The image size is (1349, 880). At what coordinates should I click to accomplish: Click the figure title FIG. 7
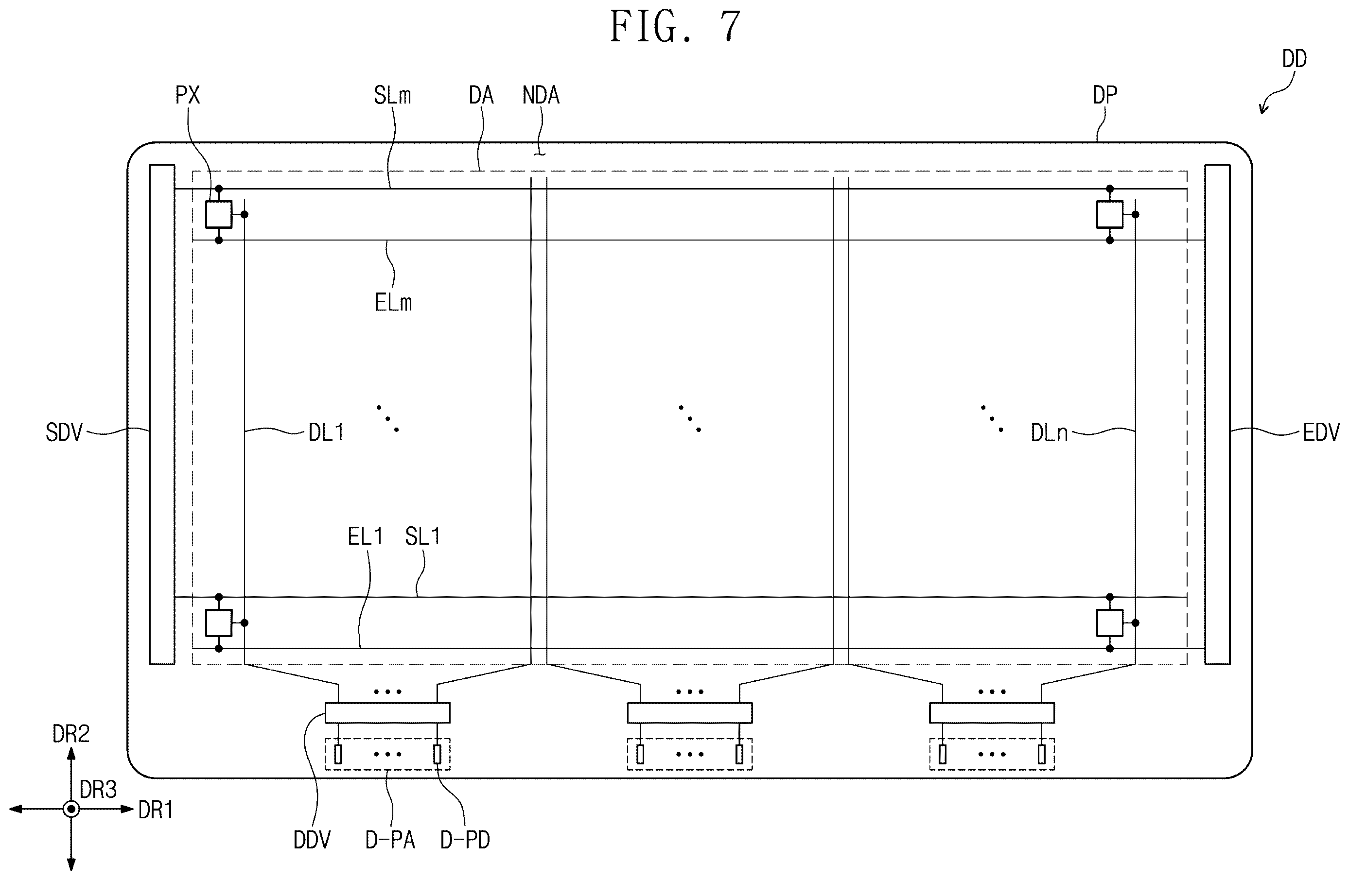pos(675,27)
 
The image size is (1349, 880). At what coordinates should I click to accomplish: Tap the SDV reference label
pos(64,433)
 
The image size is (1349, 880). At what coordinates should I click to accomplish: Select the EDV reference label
pos(1321,433)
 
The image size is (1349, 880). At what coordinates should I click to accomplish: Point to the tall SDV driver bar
pos(162,414)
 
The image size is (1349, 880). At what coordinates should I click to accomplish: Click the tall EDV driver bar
pos(1217,414)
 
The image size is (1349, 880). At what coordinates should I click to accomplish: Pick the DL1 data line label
pos(326,433)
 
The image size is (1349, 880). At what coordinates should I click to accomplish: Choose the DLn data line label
pos(1049,433)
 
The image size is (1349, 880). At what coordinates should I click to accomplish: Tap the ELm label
pos(393,303)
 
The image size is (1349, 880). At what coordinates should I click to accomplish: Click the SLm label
pos(392,95)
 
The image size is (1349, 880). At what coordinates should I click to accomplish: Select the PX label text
pos(188,95)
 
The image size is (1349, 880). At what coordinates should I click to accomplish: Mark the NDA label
pos(541,95)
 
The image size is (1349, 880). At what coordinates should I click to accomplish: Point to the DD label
pos(1295,59)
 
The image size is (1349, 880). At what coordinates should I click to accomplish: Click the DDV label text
pos(312,840)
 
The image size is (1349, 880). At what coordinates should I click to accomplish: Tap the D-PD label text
pos(465,840)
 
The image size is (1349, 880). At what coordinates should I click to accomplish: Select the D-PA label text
pos(390,840)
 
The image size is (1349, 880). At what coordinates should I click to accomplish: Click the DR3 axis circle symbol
pos(71,809)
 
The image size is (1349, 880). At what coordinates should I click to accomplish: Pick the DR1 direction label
pos(156,811)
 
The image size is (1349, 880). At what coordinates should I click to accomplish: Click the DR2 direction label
pos(71,734)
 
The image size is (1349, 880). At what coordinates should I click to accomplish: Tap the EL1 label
pos(365,536)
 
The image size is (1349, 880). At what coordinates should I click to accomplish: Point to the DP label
pos(1104,95)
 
